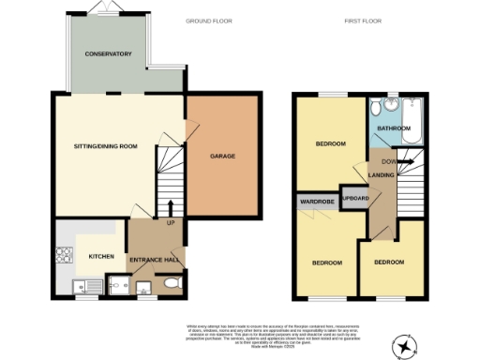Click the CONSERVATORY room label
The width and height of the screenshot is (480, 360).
108,54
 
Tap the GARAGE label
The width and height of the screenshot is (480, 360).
222,157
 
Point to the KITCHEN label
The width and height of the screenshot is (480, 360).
101,256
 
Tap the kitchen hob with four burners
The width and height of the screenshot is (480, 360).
67,253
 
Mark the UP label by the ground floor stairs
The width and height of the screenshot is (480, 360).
170,223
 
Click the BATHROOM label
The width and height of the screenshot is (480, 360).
394,127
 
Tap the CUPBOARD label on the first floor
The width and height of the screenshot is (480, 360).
352,199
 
